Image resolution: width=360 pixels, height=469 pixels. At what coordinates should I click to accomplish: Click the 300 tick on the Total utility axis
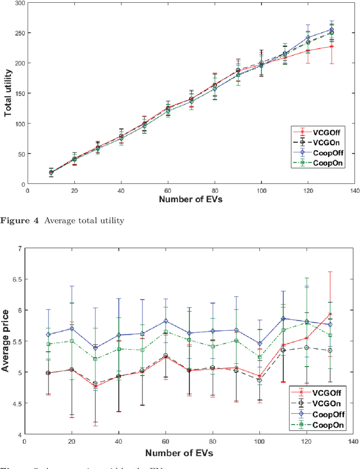pyautogui.click(x=20, y=3)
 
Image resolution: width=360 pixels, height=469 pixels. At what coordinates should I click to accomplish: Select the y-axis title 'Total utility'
pyautogui.click(x=8, y=93)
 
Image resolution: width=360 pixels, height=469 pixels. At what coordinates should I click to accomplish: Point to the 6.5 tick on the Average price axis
pyautogui.click(x=17, y=279)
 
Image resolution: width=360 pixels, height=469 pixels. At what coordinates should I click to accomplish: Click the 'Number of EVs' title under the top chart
pyautogui.click(x=191, y=199)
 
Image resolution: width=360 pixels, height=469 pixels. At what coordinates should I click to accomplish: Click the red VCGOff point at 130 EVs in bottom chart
pyautogui.click(x=330, y=314)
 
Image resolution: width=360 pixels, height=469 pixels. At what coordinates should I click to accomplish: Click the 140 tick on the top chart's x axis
pyautogui.click(x=354, y=191)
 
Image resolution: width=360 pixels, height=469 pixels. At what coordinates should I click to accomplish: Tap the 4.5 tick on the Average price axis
pyautogui.click(x=17, y=404)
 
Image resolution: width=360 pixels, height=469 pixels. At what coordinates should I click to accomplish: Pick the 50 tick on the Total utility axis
pyautogui.click(x=22, y=154)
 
